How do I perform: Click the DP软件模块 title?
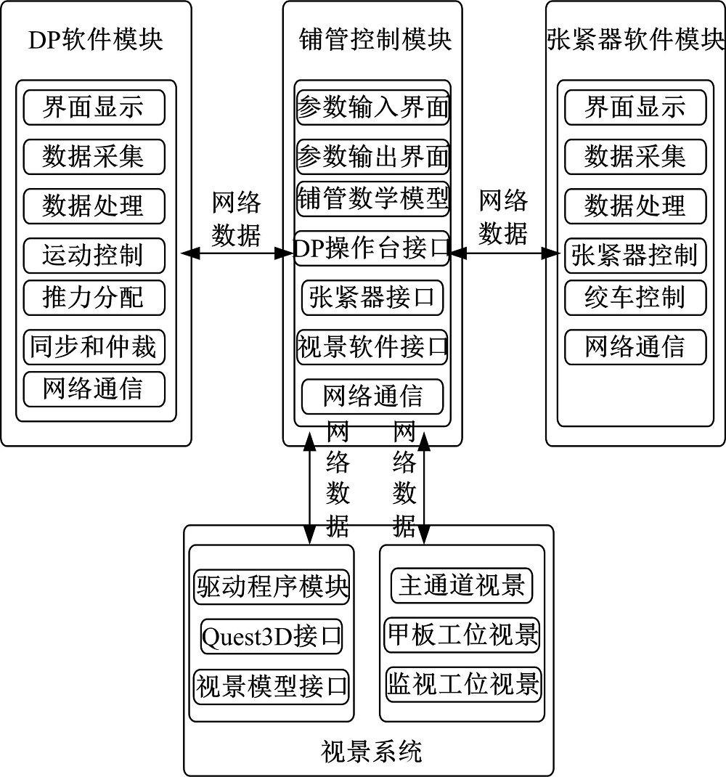click(x=96, y=40)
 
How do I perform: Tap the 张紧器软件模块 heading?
click(x=635, y=40)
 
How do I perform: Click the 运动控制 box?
click(x=94, y=255)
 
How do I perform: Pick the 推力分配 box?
click(x=94, y=297)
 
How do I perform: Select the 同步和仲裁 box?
click(x=94, y=347)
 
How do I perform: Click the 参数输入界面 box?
click(x=372, y=108)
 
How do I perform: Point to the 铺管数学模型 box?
click(x=372, y=198)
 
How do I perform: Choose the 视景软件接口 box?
click(x=372, y=347)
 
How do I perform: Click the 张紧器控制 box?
click(x=635, y=255)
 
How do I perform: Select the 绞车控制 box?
click(x=635, y=297)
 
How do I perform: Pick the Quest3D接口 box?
click(x=272, y=637)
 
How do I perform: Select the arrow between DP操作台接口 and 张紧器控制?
click(x=506, y=253)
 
